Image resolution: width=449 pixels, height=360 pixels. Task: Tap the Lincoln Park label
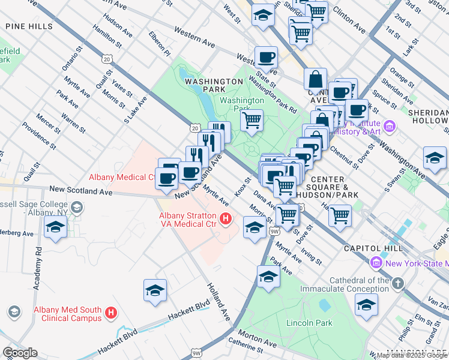(x=309, y=323)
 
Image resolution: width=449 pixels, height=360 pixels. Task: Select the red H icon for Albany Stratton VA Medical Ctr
(x=226, y=220)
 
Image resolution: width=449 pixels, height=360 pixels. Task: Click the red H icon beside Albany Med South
(x=110, y=313)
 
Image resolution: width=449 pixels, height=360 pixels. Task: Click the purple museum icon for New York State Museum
(x=376, y=263)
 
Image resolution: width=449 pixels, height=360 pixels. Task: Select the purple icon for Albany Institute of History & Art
(x=390, y=127)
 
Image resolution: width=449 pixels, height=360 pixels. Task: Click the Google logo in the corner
(x=20, y=353)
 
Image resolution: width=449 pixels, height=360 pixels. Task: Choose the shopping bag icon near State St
(x=315, y=79)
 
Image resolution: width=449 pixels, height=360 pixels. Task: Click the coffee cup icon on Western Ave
(x=266, y=58)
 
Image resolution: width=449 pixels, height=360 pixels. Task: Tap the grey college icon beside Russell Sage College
(x=76, y=208)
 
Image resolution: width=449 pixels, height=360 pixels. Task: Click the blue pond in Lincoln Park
(x=325, y=305)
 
